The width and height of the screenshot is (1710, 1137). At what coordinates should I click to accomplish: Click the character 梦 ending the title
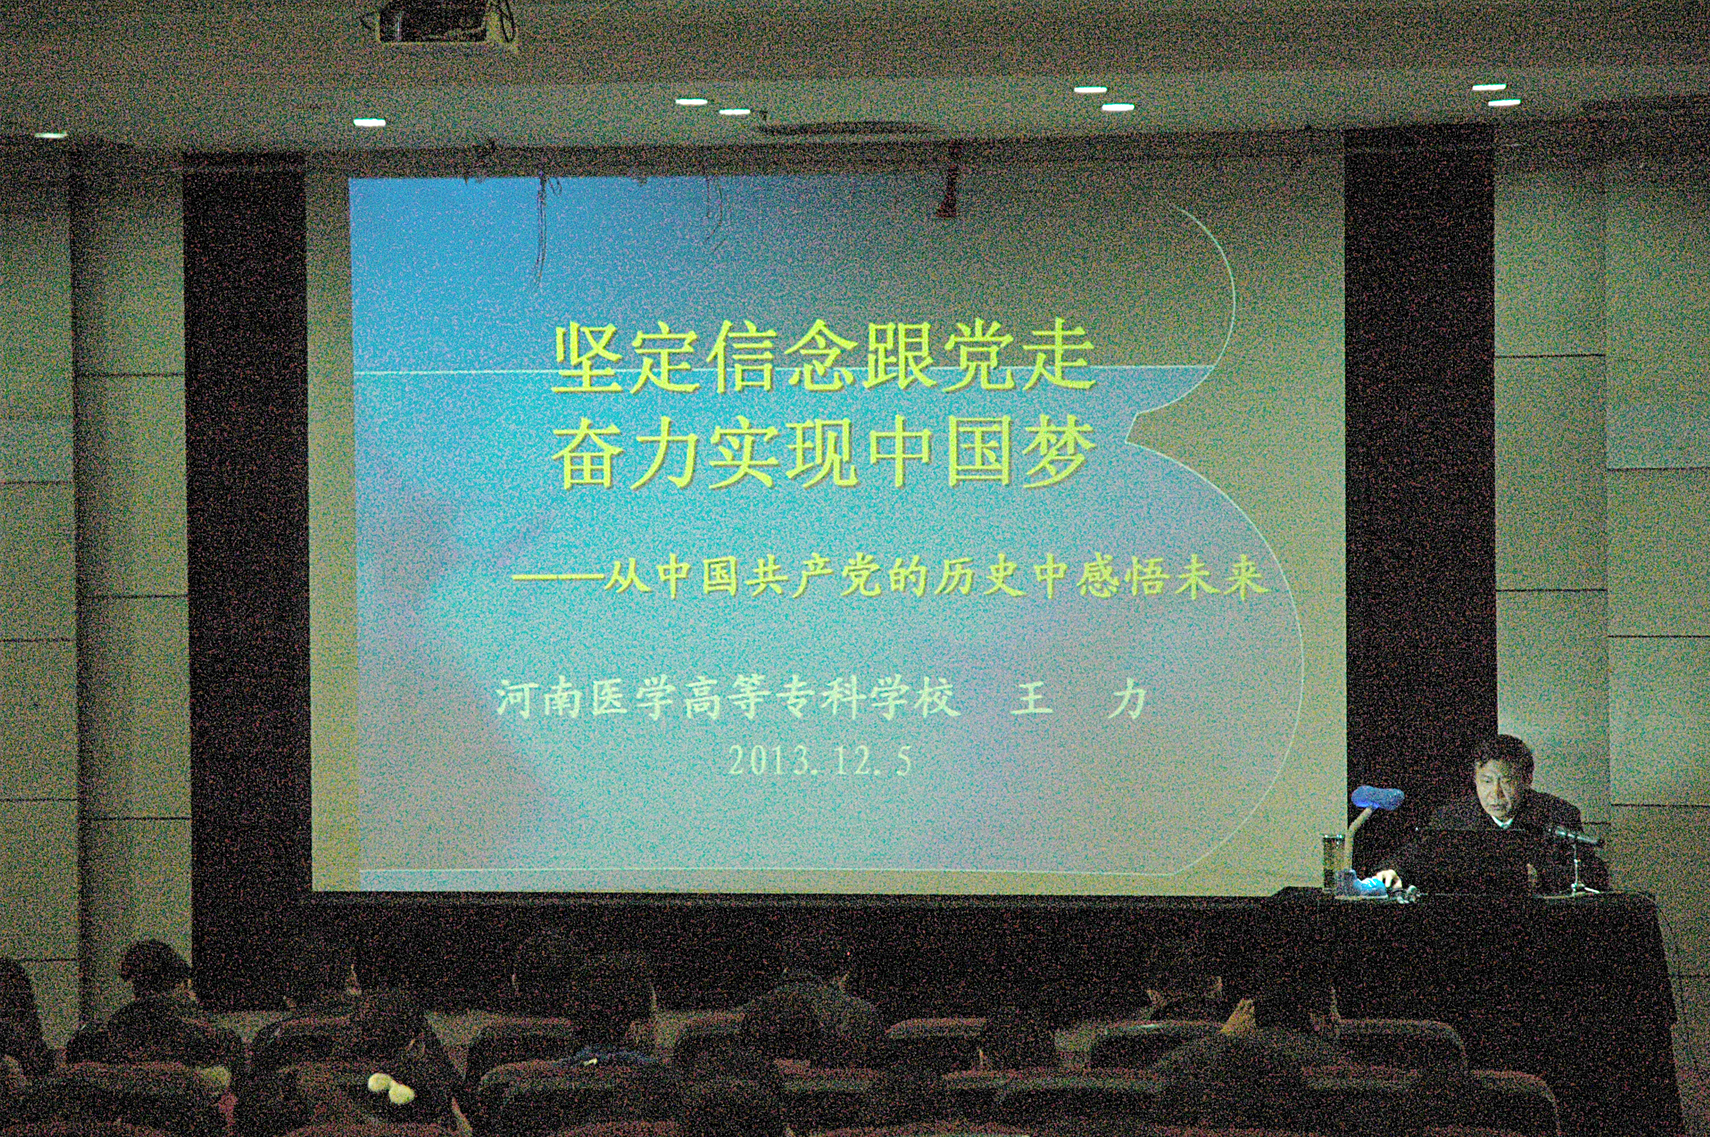coord(1059,455)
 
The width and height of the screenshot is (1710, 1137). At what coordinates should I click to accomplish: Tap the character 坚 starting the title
coord(588,358)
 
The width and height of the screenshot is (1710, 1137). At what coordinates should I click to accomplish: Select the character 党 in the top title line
coord(978,357)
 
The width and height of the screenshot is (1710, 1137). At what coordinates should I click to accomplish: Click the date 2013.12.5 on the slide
coord(819,761)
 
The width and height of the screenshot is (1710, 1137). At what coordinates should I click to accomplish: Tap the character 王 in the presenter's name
coord(1031,700)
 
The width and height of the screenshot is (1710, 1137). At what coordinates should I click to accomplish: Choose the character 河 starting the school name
coord(517,700)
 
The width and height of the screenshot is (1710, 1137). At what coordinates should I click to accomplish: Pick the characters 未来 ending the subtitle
coord(1221,579)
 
